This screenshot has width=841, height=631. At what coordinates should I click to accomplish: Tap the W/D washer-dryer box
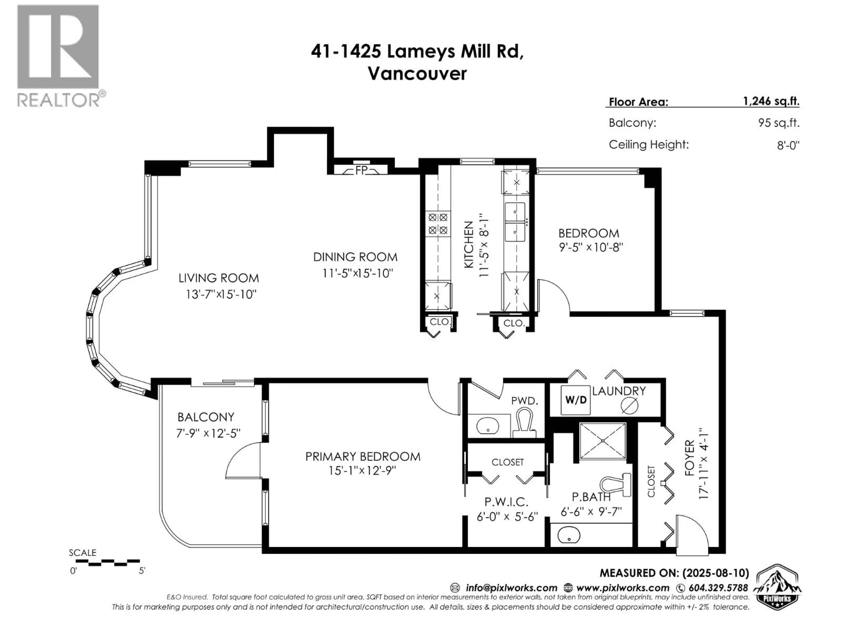click(x=576, y=400)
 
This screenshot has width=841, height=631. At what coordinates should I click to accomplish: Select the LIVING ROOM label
click(x=219, y=278)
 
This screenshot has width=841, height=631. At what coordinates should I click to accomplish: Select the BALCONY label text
click(x=206, y=417)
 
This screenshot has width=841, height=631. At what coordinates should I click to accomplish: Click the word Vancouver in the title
click(x=417, y=74)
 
